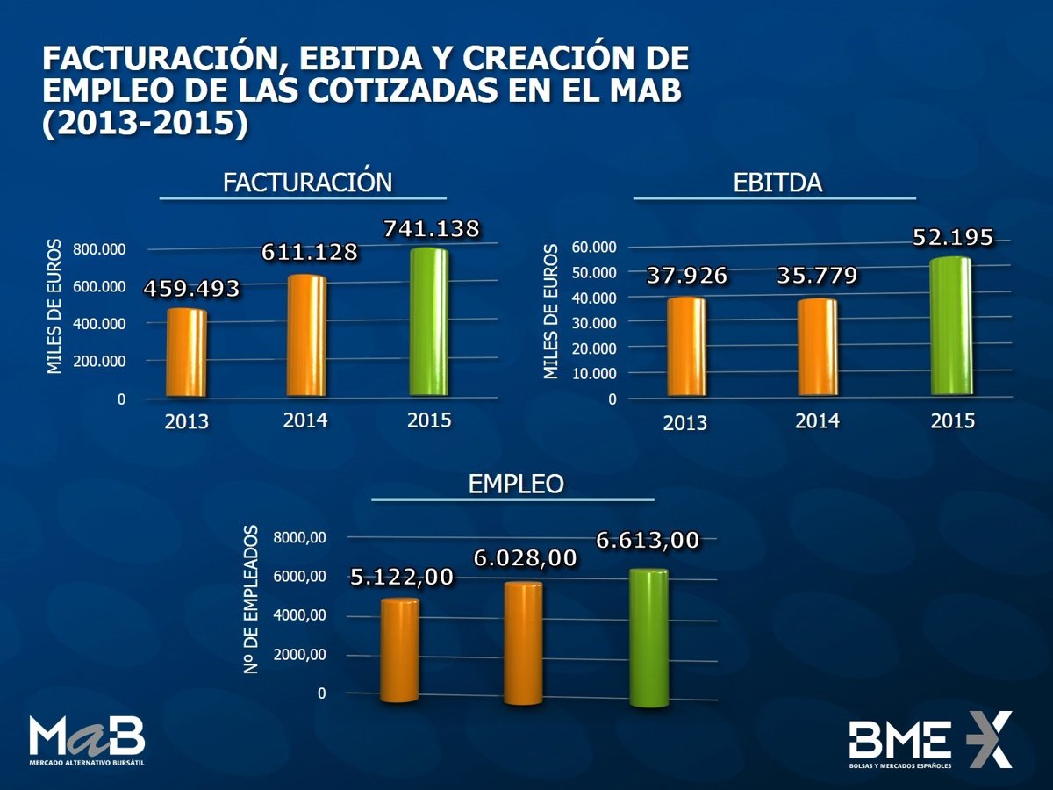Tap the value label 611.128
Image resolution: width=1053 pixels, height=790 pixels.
(310, 252)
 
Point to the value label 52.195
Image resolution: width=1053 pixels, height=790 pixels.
(953, 237)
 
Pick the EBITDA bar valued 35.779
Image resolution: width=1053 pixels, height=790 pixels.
(817, 348)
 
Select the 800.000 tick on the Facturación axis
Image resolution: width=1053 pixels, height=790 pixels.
(99, 249)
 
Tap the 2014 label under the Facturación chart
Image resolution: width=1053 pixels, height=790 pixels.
(305, 420)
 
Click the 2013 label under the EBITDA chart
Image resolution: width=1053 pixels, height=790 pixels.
(685, 423)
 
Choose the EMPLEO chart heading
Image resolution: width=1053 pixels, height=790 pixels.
(516, 484)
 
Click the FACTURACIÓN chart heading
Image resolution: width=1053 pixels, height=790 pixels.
(307, 182)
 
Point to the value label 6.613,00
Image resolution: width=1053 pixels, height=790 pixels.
(648, 540)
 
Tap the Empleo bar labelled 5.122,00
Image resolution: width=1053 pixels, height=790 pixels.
(400, 650)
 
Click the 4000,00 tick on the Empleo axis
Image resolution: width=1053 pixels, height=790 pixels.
(301, 615)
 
